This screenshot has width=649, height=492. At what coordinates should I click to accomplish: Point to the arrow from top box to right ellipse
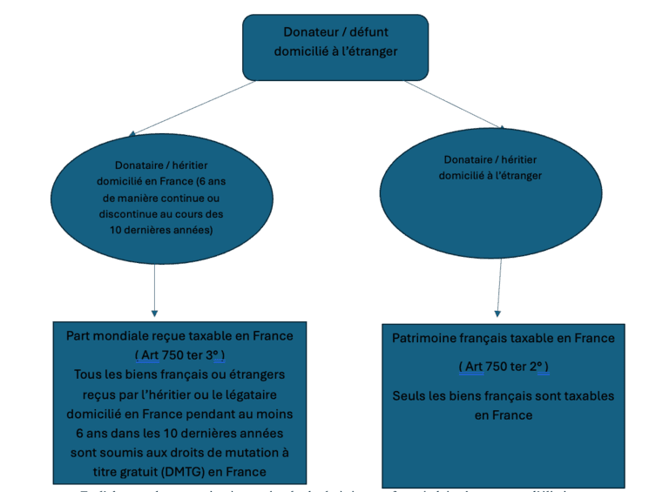tap(453, 104)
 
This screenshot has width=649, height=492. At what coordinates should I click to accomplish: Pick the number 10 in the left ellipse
tap(116, 230)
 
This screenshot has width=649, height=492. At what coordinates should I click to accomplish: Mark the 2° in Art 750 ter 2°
tap(537, 367)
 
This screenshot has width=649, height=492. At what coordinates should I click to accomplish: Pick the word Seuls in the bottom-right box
tap(409, 395)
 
